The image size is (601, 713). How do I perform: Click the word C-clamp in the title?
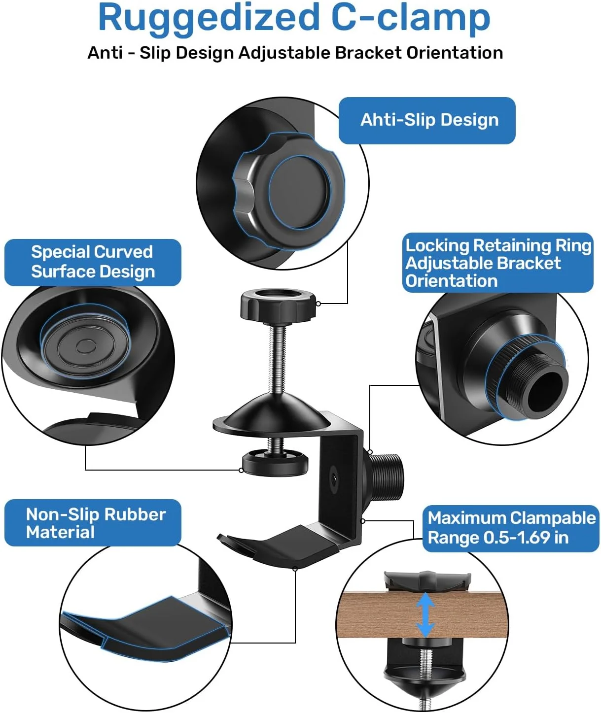(x=411, y=18)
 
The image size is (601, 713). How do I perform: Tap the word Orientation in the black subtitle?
(x=455, y=53)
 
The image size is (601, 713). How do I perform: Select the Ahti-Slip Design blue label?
(x=427, y=120)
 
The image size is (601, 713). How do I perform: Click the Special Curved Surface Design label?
(x=93, y=262)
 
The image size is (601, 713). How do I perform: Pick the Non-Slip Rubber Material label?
(x=93, y=523)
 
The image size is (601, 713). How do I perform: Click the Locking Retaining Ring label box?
(x=498, y=263)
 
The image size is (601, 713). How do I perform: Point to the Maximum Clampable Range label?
(x=511, y=528)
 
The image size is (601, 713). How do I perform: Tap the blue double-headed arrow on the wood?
(x=425, y=614)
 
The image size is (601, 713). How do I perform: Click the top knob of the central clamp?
(x=278, y=305)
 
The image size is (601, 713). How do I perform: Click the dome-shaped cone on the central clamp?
(x=272, y=414)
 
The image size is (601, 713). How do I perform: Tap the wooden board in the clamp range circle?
(x=423, y=614)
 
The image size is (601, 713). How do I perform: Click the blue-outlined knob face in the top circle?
(x=300, y=192)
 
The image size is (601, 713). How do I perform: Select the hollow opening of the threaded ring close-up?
(x=547, y=392)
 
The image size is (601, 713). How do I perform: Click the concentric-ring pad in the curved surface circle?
(x=85, y=346)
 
